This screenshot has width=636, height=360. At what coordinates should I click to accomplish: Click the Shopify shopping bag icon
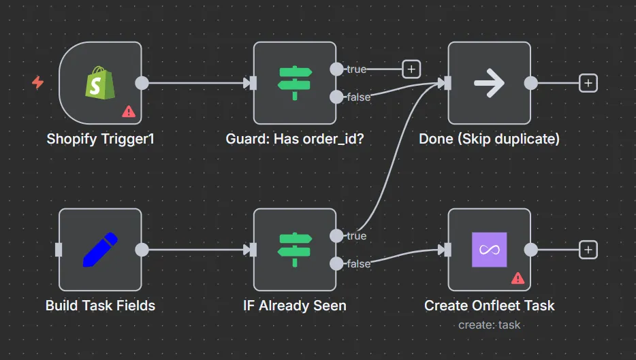pos(99,83)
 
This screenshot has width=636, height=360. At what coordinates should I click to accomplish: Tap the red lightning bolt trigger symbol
pos(38,82)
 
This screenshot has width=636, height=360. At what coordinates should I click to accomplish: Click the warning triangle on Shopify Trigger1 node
pos(128,111)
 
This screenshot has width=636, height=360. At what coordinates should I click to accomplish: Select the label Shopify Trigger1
pos(100,139)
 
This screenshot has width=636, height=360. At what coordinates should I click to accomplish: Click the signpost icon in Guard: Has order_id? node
pos(294,83)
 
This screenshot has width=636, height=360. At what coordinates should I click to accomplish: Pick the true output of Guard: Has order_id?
pos(336,69)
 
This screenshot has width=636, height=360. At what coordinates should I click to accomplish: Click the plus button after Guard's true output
pos(411,69)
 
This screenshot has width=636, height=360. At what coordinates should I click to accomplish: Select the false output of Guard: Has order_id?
pos(336,97)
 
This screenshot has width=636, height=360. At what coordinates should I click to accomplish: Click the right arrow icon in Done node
pos(489,83)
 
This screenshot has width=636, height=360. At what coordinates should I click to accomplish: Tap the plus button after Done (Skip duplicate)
pos(588,83)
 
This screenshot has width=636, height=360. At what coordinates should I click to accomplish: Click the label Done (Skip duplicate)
pos(489,139)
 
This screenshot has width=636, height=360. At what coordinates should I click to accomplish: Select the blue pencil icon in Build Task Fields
pos(99,250)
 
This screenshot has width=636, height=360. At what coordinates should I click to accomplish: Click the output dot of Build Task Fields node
pos(142,250)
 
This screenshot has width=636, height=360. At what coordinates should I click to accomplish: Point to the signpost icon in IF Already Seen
pos(294,250)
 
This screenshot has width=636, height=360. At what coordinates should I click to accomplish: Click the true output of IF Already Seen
pos(336,235)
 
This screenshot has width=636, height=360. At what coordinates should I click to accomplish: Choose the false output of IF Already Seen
pos(336,263)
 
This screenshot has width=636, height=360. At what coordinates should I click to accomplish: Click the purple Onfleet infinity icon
pos(489,250)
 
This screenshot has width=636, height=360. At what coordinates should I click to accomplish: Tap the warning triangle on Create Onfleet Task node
pos(518,278)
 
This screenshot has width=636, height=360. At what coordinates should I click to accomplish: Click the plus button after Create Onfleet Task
pos(588,250)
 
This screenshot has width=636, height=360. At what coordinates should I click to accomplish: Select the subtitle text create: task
pos(489,325)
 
